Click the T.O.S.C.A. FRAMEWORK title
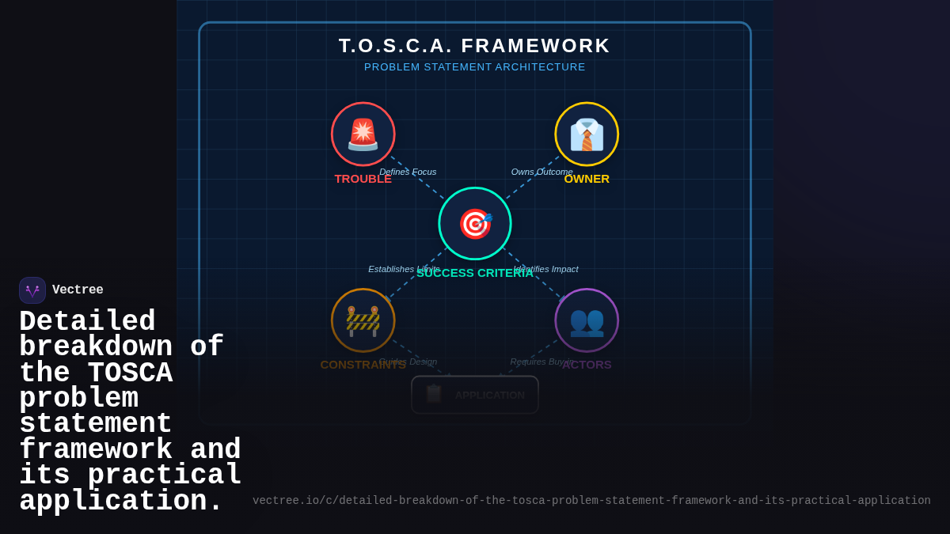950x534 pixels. pos(474,46)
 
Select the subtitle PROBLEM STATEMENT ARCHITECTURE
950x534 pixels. pos(474,67)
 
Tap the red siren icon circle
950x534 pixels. pos(363,134)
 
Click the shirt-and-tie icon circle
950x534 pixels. pos(587,134)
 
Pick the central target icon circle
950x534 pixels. pos(475,224)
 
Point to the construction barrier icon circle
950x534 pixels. pos(363,320)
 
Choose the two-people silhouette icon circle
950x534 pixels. pos(587,320)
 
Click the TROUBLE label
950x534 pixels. pos(363,179)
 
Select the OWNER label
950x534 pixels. pos(587,179)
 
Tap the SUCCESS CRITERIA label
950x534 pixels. pos(475,273)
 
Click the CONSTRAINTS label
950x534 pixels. pos(363,365)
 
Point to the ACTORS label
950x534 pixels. pos(587,365)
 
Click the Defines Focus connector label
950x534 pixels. pos(408,172)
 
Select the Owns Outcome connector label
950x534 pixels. pos(541,172)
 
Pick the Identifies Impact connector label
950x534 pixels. pos(546,269)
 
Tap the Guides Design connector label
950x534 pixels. pos(408,362)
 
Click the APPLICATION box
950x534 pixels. pos(475,395)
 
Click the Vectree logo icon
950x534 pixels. pos(32,290)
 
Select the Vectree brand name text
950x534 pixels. pos(78,290)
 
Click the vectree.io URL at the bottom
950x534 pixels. pos(591,501)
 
